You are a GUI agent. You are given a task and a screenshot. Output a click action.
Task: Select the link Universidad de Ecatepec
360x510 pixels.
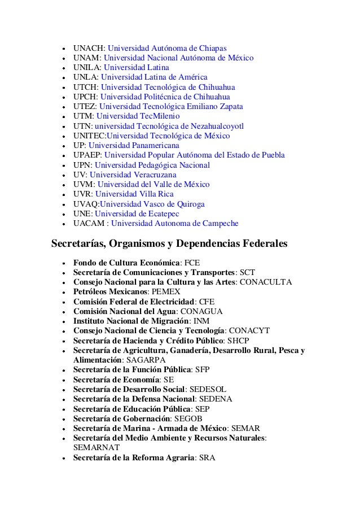[137, 213]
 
